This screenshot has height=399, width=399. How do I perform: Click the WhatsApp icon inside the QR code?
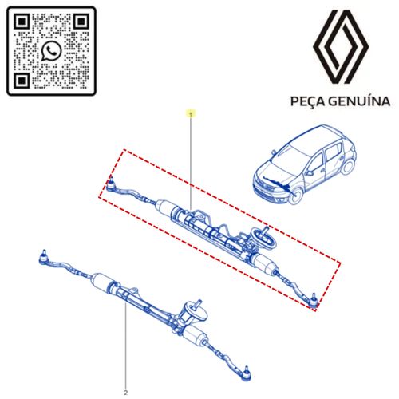click(x=52, y=50)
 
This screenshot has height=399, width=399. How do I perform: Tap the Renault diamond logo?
click(x=341, y=47)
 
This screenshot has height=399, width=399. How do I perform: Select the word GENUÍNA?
click(x=359, y=101)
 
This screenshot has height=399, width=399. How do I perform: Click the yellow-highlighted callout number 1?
click(x=191, y=114)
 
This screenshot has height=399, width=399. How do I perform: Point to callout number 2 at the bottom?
click(x=126, y=393)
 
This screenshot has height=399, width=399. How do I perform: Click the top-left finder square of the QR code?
click(x=22, y=22)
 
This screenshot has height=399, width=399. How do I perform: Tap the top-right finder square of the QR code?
click(x=81, y=22)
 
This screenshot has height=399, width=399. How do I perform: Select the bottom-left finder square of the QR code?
click(x=22, y=81)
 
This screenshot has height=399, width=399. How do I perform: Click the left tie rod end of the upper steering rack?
click(x=110, y=185)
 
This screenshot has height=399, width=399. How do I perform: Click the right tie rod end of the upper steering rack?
click(x=314, y=301)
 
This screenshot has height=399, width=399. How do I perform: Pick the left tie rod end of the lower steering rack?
click(x=43, y=258)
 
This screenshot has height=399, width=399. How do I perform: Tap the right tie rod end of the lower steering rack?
click(x=246, y=374)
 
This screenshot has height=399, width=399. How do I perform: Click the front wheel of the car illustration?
click(x=295, y=196)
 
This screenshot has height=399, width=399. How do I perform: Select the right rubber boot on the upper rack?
click(x=263, y=263)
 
